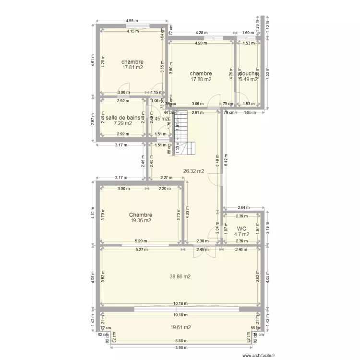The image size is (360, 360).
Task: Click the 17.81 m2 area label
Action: [x=132, y=68]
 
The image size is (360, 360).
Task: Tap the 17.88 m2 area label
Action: [x=201, y=80]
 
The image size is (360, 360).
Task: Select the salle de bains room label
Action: [x=122, y=118]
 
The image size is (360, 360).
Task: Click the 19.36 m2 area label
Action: [x=141, y=221]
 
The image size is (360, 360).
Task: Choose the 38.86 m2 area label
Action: [x=180, y=276]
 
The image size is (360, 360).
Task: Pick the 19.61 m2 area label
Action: [x=180, y=327]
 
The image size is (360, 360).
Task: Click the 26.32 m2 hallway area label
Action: [x=193, y=171]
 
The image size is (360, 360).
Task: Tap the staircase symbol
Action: [x=185, y=133]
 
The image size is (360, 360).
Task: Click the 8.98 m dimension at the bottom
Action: [x=180, y=348]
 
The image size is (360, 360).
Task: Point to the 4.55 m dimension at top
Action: [x=132, y=21]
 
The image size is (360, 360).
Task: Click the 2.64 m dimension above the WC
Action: [x=243, y=207]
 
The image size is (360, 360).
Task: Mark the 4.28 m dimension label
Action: [x=202, y=33]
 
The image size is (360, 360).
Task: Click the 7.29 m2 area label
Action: [x=122, y=123]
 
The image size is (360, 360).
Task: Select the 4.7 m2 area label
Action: [x=242, y=235]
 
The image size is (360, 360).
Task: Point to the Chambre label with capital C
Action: [x=141, y=215]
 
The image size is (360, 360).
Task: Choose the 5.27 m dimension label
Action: [x=141, y=249]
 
